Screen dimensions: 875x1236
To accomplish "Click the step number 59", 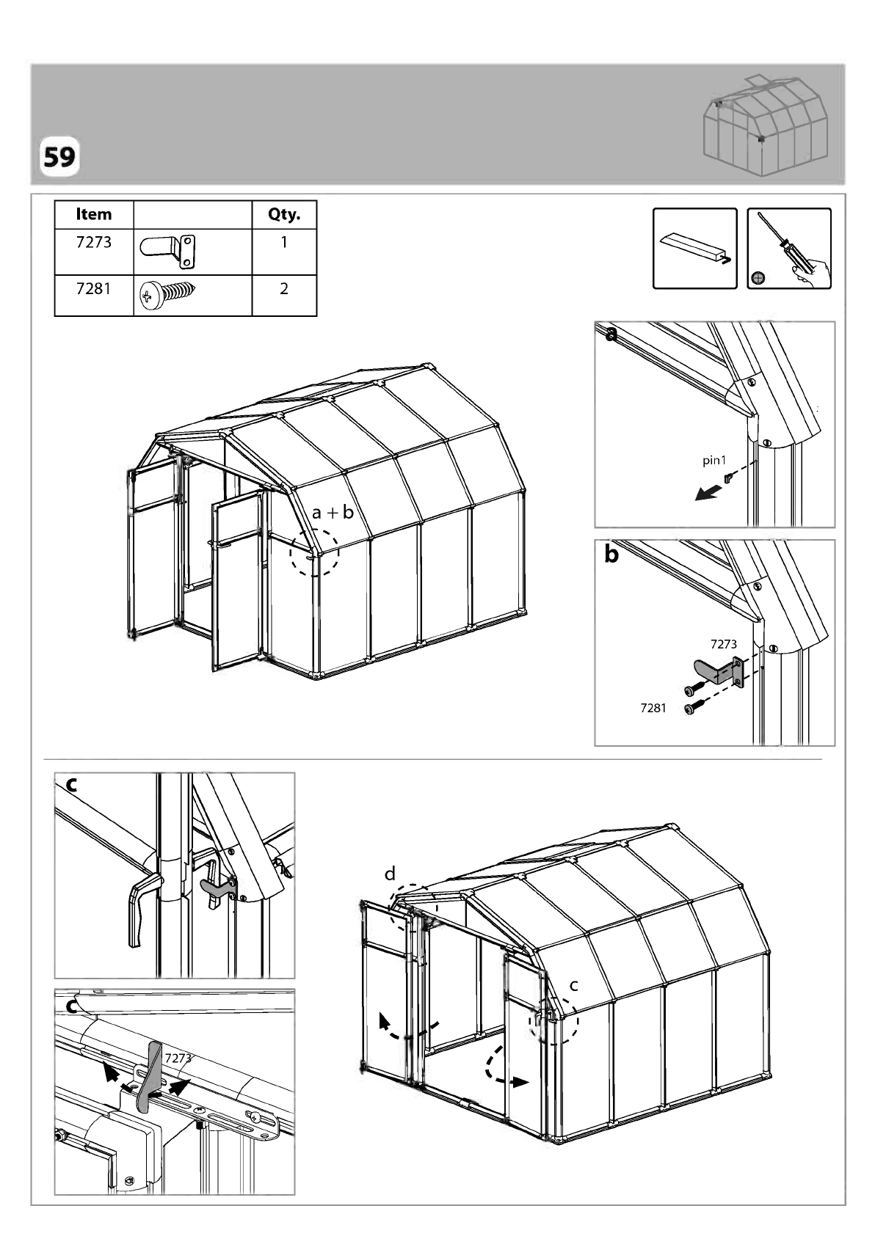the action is [x=59, y=157].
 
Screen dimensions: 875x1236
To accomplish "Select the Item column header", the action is [x=94, y=214].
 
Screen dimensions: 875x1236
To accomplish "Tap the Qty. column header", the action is [x=284, y=214].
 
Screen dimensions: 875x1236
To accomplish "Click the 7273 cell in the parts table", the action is [x=94, y=242].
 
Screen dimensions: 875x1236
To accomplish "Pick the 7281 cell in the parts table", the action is [x=94, y=288].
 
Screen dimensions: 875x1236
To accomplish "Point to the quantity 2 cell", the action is [x=284, y=288].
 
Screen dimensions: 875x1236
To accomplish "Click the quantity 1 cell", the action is [x=284, y=242].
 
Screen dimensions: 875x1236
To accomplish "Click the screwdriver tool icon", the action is [x=789, y=249].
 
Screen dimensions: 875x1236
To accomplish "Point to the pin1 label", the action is [x=714, y=460].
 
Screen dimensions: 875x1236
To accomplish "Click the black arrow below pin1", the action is [x=708, y=491].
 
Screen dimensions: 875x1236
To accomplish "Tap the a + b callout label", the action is [x=333, y=513].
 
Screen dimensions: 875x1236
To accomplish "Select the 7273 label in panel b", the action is [x=724, y=644].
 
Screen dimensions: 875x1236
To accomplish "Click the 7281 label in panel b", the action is [x=653, y=708].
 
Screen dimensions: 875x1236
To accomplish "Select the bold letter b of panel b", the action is [x=611, y=554].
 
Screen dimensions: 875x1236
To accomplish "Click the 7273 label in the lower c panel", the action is [x=178, y=1058].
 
